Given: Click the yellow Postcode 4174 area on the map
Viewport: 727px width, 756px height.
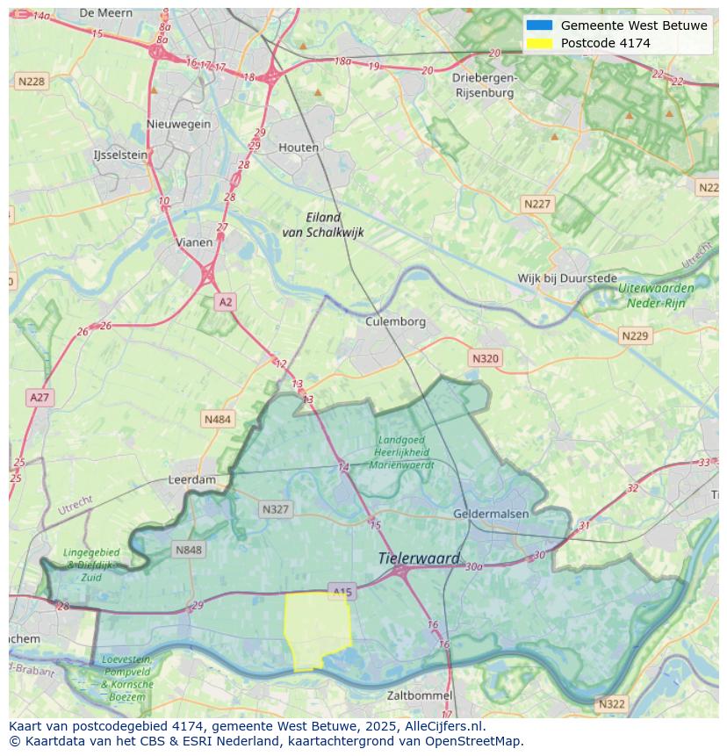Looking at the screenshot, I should coord(317,629).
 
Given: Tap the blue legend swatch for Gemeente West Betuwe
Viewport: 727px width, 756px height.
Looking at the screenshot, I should coord(539,25).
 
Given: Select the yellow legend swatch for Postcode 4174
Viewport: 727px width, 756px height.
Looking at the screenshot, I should coord(539,43).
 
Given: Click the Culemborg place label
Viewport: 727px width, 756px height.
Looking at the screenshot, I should coord(395,321).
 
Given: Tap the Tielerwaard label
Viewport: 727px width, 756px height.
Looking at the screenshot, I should coord(419,558).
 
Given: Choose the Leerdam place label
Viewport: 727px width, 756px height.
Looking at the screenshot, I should coord(191,480).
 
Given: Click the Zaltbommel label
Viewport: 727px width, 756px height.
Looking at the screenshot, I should coord(420,695).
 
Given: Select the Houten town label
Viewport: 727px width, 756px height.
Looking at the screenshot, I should coord(299,148).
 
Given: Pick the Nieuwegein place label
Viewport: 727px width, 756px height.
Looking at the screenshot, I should coord(179,124).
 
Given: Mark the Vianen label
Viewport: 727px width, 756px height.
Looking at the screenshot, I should coord(193,242).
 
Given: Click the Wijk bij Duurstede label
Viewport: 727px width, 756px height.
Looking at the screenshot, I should coord(567,278).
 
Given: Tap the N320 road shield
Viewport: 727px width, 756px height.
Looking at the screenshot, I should coord(485,358).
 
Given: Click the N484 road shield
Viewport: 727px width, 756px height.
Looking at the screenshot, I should coord(217,420).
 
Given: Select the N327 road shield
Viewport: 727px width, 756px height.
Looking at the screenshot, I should coord(275,509).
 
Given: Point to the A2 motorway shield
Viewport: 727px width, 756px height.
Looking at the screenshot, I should coord(226,302).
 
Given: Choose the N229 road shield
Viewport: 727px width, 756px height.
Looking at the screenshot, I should coord(634,336).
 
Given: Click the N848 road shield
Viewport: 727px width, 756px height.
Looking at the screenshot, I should coord(189,551).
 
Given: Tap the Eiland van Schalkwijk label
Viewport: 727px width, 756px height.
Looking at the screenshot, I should coord(322,225).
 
